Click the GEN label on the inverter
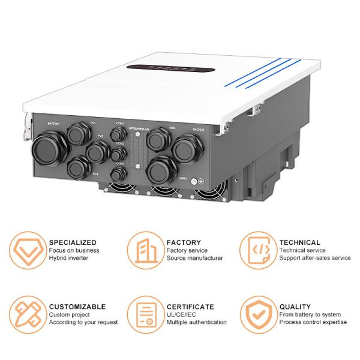[172, 128]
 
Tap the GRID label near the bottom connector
[183, 178]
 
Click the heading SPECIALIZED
[72, 242]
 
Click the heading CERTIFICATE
[190, 307]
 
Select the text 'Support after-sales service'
[314, 258]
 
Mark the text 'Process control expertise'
[313, 322]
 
